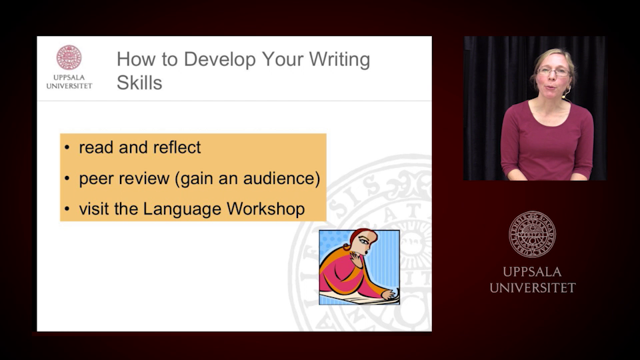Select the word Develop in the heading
coord(218,60)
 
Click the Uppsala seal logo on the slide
coord(69,58)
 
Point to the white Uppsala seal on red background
coord(532,233)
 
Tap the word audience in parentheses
coord(283,179)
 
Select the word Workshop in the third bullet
coord(265,209)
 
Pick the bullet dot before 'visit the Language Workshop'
coord(67,209)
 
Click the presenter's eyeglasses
coord(554,71)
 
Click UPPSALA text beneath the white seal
coord(532,272)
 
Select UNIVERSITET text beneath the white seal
coord(532,288)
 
